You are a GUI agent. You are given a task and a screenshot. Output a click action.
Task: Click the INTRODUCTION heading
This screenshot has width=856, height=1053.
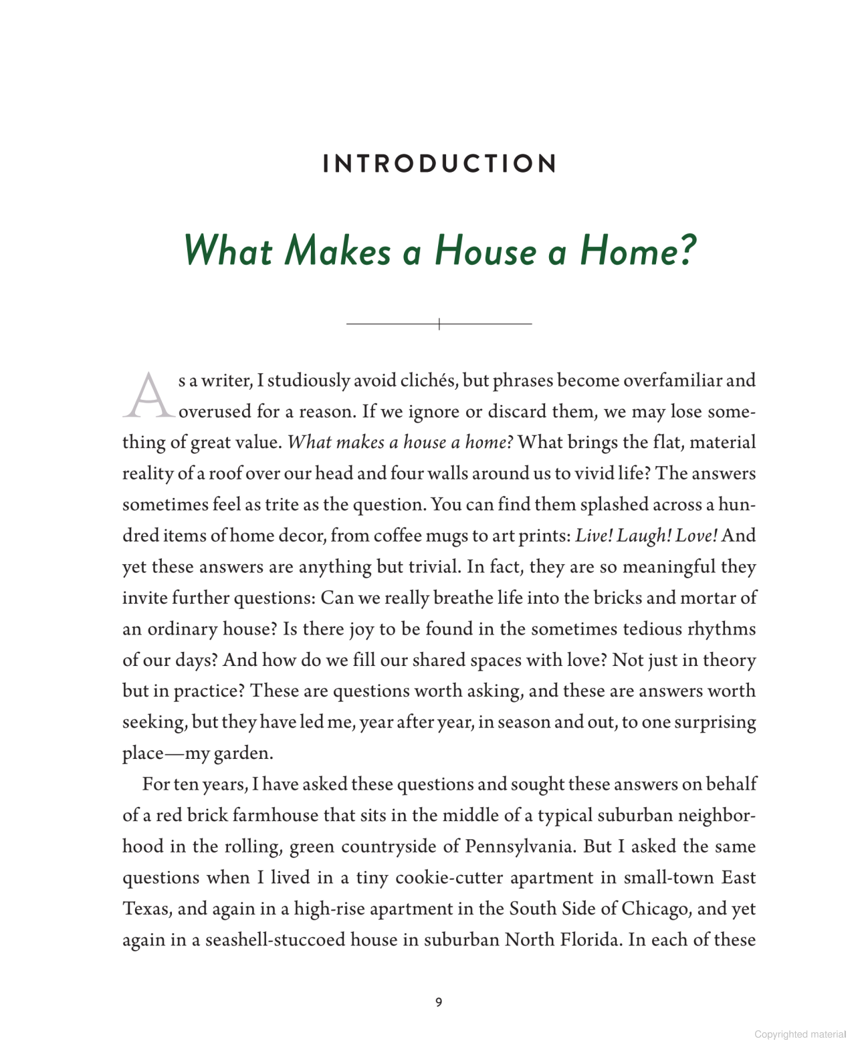[x=439, y=164]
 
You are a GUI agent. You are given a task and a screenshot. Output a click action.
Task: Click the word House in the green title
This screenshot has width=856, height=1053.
[x=485, y=251]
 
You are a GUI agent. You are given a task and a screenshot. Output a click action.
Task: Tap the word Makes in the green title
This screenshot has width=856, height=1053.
[x=338, y=251]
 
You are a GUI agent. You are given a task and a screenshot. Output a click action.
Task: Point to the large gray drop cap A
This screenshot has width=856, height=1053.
[x=148, y=396]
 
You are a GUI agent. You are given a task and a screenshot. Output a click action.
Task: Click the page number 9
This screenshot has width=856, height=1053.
[x=439, y=1002]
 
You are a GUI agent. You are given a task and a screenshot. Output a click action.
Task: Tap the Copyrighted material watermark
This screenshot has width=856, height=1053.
[x=800, y=1034]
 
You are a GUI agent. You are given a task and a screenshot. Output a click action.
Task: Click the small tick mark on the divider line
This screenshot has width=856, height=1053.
[x=439, y=324]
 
